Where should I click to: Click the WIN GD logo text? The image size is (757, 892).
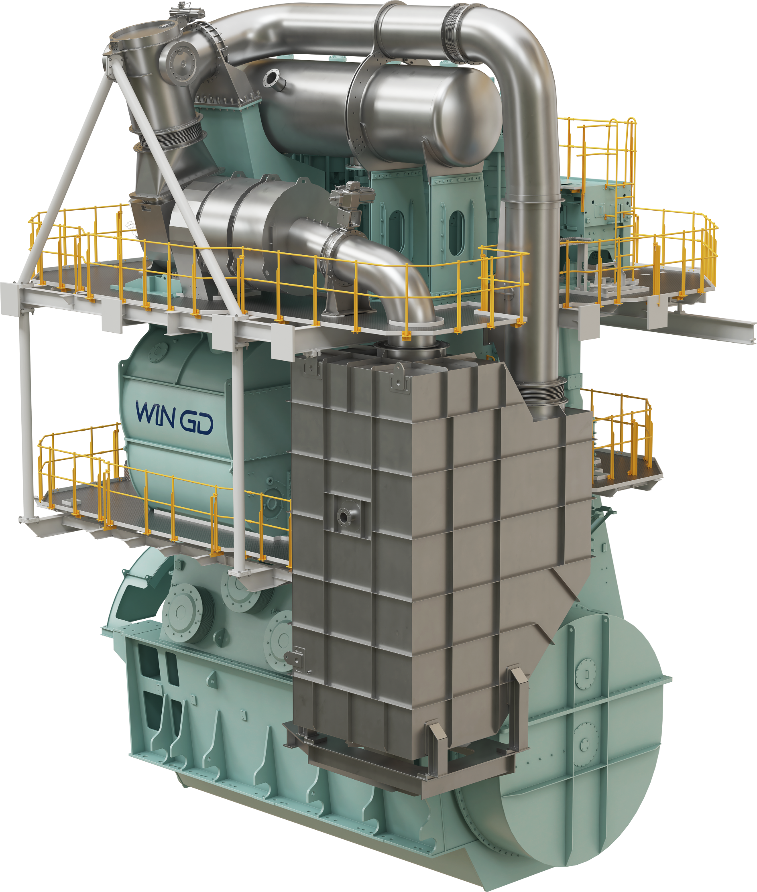click(174, 418)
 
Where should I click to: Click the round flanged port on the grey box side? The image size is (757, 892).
click(344, 516)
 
